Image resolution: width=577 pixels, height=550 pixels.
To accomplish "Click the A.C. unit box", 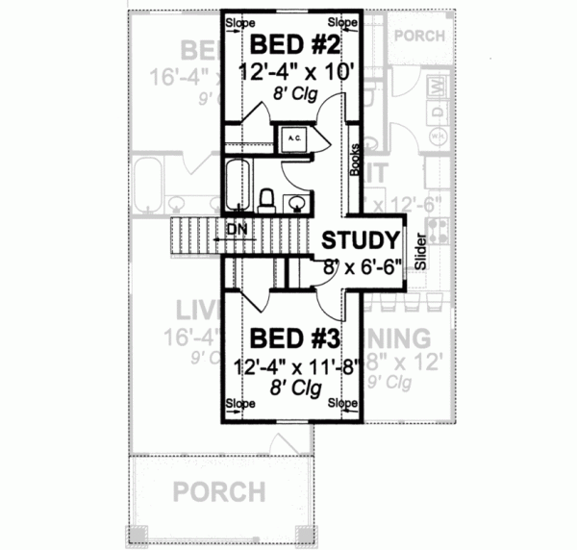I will (292, 138).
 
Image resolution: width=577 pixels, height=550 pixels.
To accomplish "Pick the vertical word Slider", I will (419, 253).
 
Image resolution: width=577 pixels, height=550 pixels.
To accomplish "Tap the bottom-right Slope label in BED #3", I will (341, 403).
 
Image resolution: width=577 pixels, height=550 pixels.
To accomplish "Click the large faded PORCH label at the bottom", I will (219, 492).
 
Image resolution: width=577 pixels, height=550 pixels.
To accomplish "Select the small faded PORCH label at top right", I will (420, 36).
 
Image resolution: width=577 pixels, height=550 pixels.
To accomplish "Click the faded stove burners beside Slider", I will (436, 232).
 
